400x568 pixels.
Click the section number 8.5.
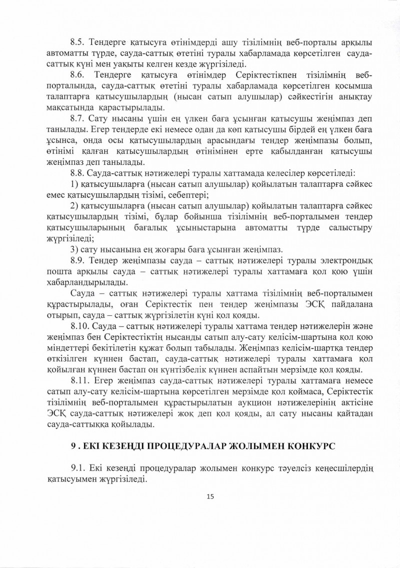click(79, 42)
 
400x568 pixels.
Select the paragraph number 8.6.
click(79, 75)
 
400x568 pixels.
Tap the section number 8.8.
click(79, 173)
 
